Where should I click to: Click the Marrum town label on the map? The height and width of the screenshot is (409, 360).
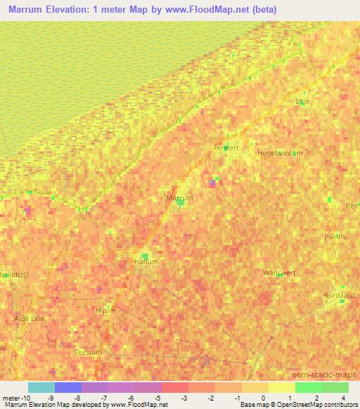(179, 198)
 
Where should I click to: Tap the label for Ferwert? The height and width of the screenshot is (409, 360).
(226, 148)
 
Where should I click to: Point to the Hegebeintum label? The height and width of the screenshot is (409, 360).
(280, 152)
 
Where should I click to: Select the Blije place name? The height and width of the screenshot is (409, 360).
(302, 101)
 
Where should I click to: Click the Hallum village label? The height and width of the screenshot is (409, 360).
(146, 262)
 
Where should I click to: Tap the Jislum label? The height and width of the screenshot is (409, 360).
(334, 236)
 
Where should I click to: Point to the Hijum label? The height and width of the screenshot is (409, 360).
(104, 309)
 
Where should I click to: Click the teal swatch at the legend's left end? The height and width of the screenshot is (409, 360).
(41, 387)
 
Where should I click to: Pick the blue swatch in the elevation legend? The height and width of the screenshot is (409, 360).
(68, 387)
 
